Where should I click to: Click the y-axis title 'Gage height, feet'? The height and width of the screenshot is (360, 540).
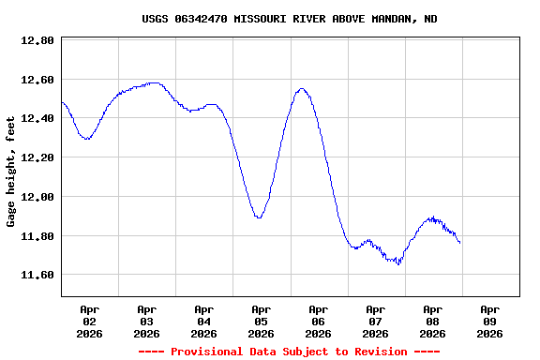[11, 172]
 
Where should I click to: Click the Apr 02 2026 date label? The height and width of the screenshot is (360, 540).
[89, 321]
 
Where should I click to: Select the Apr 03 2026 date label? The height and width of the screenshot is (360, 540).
[146, 321]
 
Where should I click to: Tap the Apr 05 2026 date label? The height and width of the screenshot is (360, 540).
[261, 321]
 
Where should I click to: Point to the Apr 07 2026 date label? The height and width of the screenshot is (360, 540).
[375, 321]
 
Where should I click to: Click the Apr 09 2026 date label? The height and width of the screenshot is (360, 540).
[489, 321]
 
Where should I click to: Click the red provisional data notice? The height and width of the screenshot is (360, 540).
[289, 352]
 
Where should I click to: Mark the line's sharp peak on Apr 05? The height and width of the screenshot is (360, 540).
[301, 89]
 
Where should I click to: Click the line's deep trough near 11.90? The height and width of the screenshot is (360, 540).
[259, 217]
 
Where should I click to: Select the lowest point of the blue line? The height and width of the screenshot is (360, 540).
[398, 264]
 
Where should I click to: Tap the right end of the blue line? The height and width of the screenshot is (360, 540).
[460, 244]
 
